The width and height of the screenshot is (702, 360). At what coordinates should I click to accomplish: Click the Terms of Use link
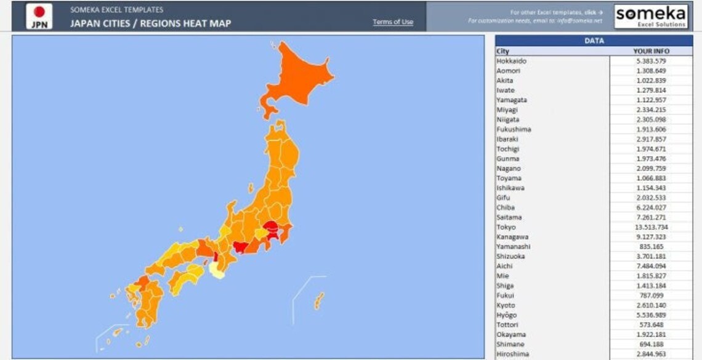pos(393,22)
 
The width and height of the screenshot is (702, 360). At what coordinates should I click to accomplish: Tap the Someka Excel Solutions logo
pos(651,16)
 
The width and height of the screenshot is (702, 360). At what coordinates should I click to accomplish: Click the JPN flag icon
pos(39,16)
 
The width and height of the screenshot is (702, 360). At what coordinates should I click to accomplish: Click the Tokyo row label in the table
pos(506,227)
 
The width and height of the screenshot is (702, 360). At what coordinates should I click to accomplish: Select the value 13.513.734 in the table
pos(651,227)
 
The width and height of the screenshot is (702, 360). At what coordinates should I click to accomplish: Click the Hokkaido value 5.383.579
pos(651,61)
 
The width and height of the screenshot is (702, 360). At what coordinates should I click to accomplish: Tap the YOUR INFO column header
pos(651,51)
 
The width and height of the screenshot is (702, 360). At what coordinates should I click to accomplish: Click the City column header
pos(503,51)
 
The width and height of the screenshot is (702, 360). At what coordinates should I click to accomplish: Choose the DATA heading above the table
pos(594,41)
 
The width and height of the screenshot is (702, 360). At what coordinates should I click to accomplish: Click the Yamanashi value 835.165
pos(651,247)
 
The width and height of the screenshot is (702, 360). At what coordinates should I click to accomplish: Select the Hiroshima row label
pos(512,354)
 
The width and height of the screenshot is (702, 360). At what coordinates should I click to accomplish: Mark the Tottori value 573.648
pos(651,325)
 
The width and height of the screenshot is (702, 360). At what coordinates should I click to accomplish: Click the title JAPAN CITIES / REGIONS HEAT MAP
pos(150,23)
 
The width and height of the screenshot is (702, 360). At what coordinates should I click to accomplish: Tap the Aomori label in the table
pos(507,71)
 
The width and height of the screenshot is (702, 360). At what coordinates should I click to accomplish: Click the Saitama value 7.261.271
pos(651,217)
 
